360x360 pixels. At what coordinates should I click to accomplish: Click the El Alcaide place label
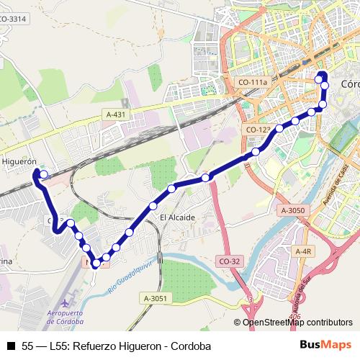pos(177,217)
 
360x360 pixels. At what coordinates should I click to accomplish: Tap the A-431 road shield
pos(116,114)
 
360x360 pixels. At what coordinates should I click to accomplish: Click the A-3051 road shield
pos(155,298)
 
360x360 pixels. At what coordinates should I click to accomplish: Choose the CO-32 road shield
pos(228,261)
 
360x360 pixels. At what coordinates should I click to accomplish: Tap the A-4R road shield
pos(302,251)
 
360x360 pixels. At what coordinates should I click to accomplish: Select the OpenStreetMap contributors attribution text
pos(297,323)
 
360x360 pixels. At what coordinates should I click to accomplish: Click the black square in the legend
pos(9,346)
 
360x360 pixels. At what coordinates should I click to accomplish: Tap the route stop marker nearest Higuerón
pos(43,174)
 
